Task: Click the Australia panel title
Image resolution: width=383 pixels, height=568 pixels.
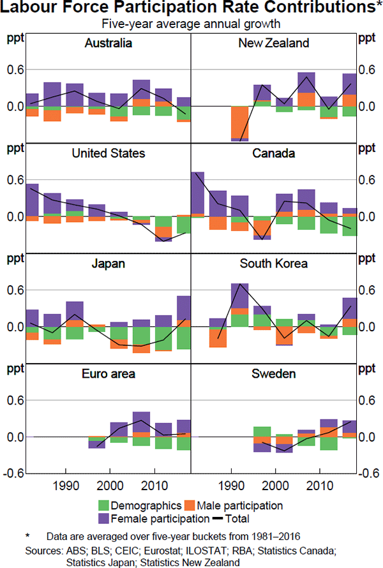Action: pyautogui.click(x=109, y=43)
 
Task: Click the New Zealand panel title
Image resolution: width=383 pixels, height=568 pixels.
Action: pyautogui.click(x=273, y=43)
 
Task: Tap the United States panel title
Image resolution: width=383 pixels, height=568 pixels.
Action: pyautogui.click(x=109, y=153)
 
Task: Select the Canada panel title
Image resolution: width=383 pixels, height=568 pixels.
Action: pyautogui.click(x=273, y=153)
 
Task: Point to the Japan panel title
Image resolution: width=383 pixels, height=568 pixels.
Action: pyautogui.click(x=109, y=264)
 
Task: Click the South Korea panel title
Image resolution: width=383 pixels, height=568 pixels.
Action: pyautogui.click(x=273, y=264)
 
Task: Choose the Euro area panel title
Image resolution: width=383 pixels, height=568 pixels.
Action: pyautogui.click(x=109, y=374)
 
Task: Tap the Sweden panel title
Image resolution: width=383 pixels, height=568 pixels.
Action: pyautogui.click(x=273, y=374)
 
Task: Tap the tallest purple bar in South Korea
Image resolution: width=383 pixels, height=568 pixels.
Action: pyautogui.click(x=239, y=295)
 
